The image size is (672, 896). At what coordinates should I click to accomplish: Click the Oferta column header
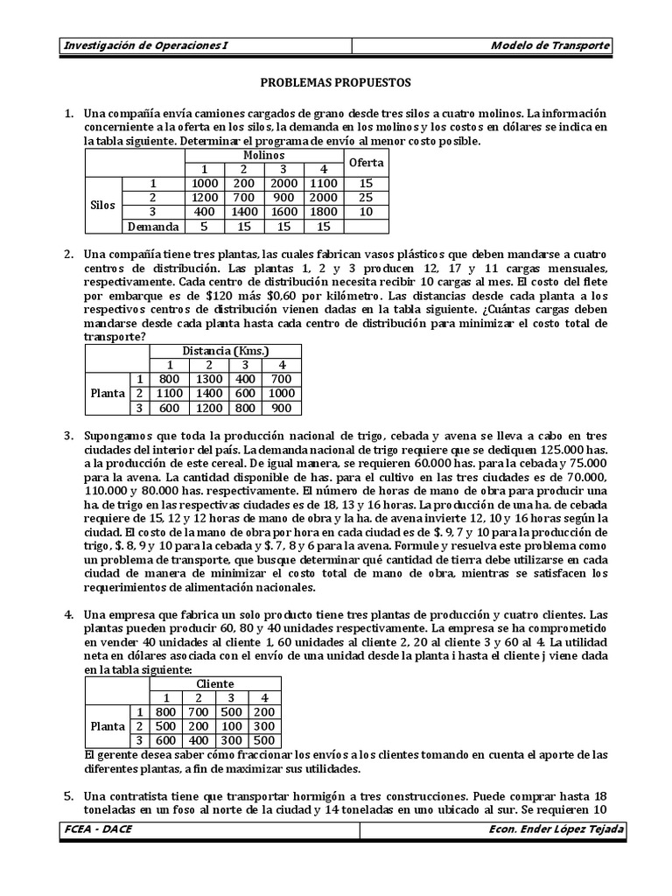[367, 163]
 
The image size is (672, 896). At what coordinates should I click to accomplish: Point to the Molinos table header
[264, 155]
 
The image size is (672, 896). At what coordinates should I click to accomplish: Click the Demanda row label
[152, 227]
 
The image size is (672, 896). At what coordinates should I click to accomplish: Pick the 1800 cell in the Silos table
[324, 213]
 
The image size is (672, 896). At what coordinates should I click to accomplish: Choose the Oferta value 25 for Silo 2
[367, 198]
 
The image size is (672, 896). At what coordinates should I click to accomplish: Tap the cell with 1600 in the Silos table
[283, 213]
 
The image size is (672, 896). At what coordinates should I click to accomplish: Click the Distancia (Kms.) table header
[225, 351]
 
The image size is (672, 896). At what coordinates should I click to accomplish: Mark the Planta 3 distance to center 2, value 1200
[207, 408]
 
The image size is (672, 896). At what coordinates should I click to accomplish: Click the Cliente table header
[214, 683]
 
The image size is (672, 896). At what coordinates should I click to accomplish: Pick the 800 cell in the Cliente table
[167, 711]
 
